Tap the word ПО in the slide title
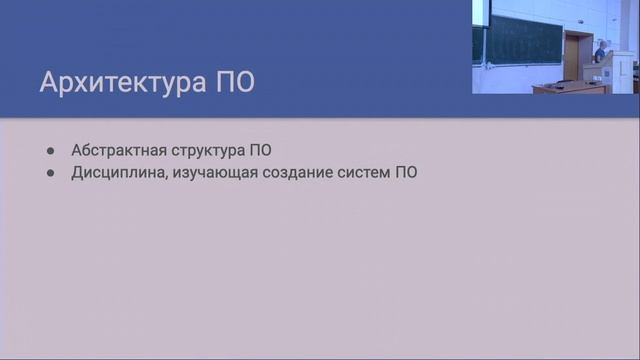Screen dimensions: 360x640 pyautogui.click(x=234, y=83)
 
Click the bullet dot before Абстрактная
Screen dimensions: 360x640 pyautogui.click(x=51, y=150)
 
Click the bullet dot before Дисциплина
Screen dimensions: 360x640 pyautogui.click(x=51, y=172)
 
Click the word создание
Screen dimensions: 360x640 pyautogui.click(x=291, y=172)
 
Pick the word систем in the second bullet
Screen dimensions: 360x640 pyautogui.click(x=361, y=172)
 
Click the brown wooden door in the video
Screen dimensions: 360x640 pyautogui.click(x=572, y=55)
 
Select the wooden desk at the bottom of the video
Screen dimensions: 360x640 pyautogui.click(x=570, y=88)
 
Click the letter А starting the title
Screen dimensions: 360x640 pyautogui.click(x=49, y=83)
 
